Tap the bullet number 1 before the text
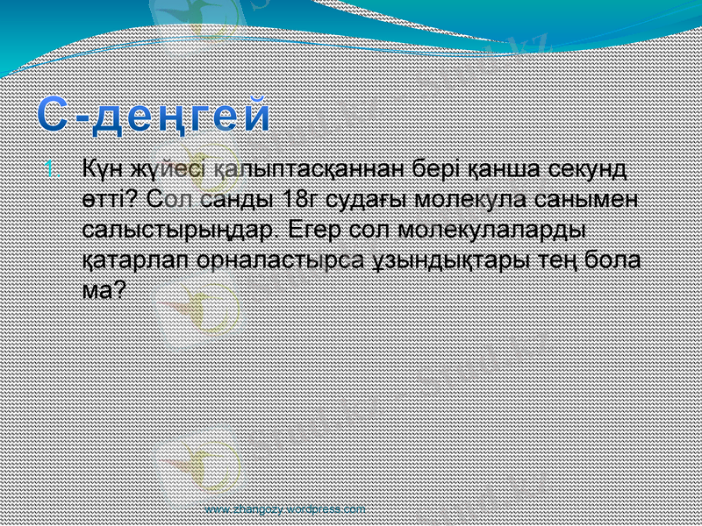[52, 167]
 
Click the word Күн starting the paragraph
[101, 168]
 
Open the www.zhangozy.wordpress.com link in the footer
[284, 508]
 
